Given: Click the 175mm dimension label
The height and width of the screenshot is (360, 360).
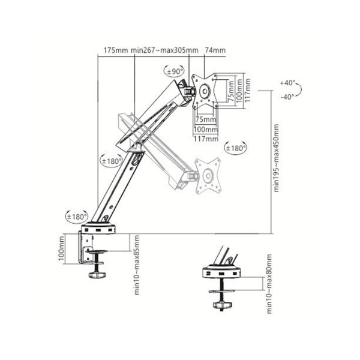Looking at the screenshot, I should (115, 50).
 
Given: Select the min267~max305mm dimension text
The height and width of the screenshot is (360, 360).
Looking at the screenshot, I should (159, 50).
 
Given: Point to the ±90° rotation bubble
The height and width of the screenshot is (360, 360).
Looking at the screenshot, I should (176, 72).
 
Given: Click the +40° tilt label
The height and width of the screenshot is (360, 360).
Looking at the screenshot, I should (288, 82).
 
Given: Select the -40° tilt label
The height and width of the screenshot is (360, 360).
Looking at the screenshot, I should (288, 96).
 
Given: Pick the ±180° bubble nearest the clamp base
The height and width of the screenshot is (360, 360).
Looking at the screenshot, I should (77, 216).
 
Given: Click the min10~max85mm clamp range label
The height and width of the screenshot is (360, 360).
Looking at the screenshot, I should (138, 270).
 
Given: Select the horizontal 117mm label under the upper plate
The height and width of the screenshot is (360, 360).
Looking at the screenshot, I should (206, 138).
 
